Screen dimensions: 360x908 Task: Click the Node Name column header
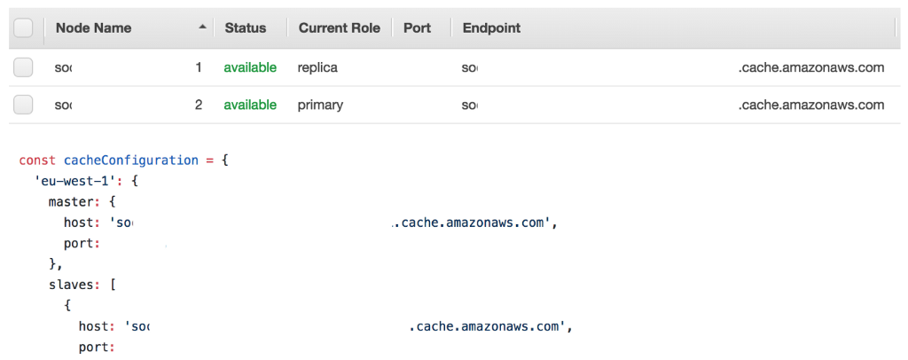[93, 28]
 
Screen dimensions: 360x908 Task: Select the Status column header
[246, 28]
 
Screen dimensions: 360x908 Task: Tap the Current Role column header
[339, 28]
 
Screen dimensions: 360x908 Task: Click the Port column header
[417, 28]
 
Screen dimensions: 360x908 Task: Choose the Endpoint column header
[491, 28]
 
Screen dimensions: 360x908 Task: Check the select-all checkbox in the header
[24, 28]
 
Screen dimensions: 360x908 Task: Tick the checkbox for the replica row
[24, 67]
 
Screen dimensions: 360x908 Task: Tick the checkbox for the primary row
[24, 105]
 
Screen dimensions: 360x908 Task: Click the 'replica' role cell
[318, 67]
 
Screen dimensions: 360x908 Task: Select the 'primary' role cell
[321, 105]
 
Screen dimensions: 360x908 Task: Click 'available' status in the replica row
[250, 67]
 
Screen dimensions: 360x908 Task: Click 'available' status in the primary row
[250, 105]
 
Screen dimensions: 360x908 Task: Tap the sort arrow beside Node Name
[203, 28]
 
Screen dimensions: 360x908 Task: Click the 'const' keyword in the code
[37, 160]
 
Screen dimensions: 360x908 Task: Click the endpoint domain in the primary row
[810, 105]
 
